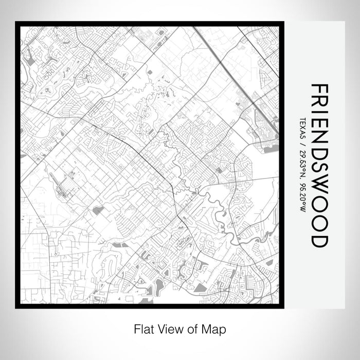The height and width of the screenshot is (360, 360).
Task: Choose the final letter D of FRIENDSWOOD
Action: (x=319, y=238)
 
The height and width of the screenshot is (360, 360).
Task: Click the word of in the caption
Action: (x=189, y=328)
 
